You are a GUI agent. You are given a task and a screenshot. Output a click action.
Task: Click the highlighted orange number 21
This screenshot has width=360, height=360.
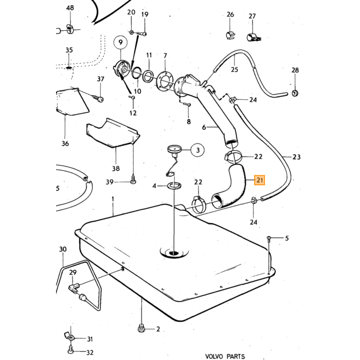point(259,180)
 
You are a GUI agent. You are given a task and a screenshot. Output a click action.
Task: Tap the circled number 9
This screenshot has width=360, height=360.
point(120,43)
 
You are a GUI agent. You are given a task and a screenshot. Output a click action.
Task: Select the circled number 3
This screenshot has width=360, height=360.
point(197,150)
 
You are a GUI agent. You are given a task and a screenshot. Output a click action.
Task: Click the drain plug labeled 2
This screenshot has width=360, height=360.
point(141,329)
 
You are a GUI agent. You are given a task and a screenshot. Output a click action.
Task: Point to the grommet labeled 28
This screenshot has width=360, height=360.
point(295,93)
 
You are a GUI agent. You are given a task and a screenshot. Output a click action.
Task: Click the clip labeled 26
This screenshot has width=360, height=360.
point(229,35)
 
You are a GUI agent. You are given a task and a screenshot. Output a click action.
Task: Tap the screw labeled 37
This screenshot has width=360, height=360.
point(98,98)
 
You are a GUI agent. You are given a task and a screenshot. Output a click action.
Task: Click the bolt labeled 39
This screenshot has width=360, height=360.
point(133,179)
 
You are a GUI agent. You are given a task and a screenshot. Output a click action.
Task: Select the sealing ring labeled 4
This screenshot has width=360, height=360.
point(174,186)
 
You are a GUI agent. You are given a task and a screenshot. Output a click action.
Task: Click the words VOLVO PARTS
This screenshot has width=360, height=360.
point(225,356)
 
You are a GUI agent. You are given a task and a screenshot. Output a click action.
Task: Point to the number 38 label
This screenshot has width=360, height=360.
point(116,169)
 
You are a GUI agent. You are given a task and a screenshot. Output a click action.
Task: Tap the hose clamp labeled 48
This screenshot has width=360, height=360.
point(70,29)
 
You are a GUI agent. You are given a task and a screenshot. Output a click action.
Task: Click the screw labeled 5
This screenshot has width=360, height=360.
point(269,239)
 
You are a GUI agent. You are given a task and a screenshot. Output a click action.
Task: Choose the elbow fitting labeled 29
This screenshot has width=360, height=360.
point(73,289)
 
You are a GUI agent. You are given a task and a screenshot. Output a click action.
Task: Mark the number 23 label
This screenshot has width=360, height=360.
point(296,157)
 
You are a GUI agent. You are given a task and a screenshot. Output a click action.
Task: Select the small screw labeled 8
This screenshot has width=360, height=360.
point(187,105)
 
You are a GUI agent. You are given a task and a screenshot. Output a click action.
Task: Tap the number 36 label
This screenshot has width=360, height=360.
point(65,143)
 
